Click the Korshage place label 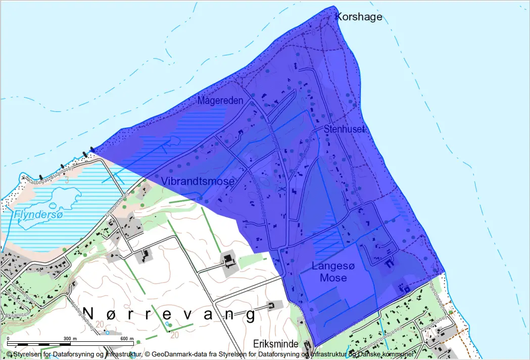(x=359, y=17)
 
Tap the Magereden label (x=220, y=101)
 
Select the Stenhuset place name (x=344, y=129)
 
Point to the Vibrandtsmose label (x=198, y=181)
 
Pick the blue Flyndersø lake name (x=31, y=215)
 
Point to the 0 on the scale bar (x=9, y=338)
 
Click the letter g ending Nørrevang (x=249, y=314)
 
